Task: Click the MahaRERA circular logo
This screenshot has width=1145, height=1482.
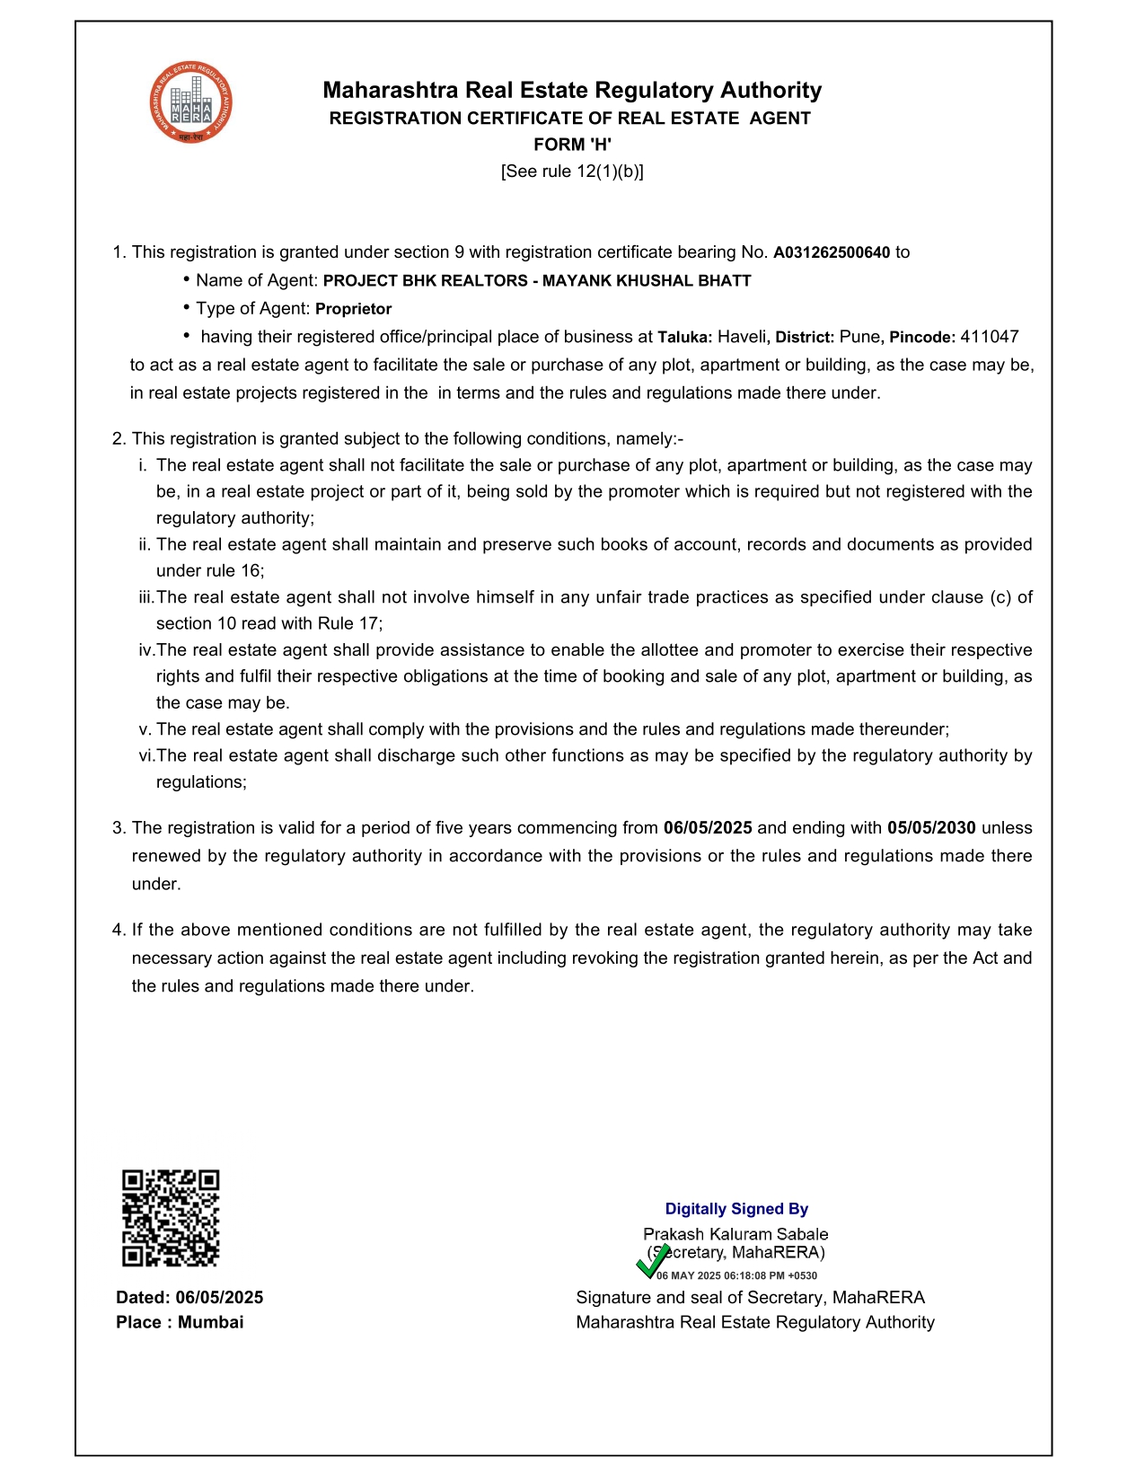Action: click(190, 102)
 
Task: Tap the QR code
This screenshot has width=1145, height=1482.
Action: click(171, 1218)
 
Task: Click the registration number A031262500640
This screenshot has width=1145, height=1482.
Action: click(831, 253)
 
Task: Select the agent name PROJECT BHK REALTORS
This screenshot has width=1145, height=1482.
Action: click(425, 281)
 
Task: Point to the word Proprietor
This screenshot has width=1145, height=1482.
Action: click(353, 309)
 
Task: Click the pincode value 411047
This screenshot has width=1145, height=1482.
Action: click(989, 337)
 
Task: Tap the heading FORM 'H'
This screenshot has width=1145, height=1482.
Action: click(572, 145)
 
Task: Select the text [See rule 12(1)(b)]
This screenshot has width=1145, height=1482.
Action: click(572, 172)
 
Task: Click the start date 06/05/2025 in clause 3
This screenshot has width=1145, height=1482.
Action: click(708, 828)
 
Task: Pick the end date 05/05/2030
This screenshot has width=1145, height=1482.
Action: click(931, 828)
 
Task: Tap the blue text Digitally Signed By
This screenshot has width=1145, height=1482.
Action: click(736, 1209)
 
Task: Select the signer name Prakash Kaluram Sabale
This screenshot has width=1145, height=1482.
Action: click(735, 1234)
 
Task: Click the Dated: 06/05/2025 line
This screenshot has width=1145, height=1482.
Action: click(189, 1297)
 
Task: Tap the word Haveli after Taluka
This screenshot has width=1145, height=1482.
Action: click(742, 337)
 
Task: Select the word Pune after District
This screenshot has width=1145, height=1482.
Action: click(859, 337)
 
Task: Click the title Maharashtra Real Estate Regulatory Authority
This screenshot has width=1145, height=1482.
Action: click(572, 90)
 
